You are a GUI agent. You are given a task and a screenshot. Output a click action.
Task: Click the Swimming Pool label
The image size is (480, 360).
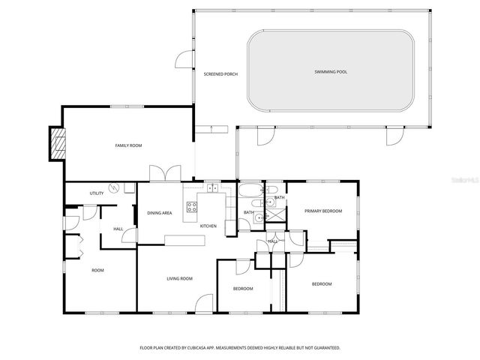pos(331,72)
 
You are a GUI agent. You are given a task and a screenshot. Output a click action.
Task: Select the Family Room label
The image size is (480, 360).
pos(128,145)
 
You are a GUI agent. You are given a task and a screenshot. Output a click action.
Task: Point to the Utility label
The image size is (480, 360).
pos(97,193)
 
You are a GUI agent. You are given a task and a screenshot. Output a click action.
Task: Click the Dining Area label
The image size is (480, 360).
pos(160,213)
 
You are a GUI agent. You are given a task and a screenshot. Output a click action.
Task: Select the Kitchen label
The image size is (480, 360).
pos(208,226)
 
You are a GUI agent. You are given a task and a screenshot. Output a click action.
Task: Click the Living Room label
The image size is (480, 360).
pos(179,278)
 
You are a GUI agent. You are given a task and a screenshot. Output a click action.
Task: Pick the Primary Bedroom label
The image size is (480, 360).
pos(322,211)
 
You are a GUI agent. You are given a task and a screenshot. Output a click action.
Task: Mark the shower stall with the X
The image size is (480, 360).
pos(277,214)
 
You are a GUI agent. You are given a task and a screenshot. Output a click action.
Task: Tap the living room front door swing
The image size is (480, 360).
pos(203,303)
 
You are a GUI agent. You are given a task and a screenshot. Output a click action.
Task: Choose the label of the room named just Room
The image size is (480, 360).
pos(98,270)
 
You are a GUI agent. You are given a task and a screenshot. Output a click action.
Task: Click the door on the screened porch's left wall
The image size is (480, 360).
pos(184,59)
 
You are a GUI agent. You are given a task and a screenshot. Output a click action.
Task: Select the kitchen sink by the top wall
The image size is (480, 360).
pos(213,187)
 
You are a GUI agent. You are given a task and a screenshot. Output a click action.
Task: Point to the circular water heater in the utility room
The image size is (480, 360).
pos(114,187)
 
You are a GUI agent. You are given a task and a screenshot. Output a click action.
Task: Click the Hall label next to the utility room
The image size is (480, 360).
pos(118,229)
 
